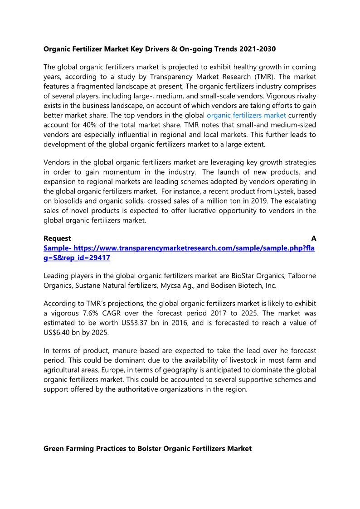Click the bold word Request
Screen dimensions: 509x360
coord(57,238)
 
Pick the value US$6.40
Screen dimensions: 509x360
coord(59,332)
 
